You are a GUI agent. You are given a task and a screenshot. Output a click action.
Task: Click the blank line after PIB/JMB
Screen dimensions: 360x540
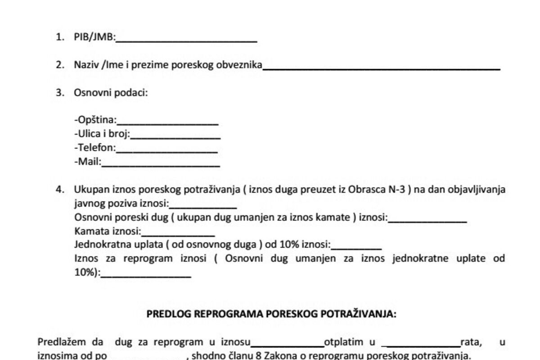point(186,40)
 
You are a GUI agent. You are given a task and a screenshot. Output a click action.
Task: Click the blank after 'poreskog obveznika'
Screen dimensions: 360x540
point(382,67)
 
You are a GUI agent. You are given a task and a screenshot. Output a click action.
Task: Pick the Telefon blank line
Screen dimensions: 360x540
point(167,150)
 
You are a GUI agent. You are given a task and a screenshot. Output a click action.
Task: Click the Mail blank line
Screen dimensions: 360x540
point(161,164)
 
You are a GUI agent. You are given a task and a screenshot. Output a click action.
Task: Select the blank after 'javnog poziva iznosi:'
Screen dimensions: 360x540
point(203,206)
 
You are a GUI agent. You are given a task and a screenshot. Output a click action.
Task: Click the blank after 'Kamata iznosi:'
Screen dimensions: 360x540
point(178,234)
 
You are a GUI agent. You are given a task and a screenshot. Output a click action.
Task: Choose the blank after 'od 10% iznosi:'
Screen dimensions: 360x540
point(356,247)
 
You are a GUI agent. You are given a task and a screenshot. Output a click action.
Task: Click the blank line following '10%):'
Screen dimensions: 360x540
point(146,275)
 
